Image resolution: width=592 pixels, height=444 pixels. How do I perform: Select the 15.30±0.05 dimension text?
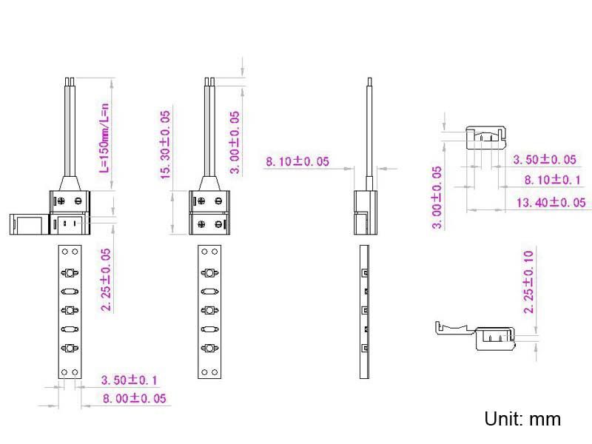165,144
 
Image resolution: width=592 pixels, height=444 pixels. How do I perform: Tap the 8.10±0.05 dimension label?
297,161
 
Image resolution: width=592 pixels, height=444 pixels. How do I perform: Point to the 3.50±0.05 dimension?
544,159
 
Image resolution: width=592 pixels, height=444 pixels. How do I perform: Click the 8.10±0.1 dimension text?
552,180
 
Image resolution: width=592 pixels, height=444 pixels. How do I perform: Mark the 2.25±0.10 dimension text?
528,282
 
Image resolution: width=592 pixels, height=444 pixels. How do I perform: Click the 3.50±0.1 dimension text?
129,380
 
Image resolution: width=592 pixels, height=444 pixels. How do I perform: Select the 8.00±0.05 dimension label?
134,398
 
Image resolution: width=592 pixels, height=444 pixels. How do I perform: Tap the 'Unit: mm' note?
522,419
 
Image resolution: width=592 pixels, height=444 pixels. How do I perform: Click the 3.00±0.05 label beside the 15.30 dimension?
235,142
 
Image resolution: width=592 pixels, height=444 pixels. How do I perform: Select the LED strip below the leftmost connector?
70,311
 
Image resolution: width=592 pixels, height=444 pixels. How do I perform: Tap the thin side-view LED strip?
363,311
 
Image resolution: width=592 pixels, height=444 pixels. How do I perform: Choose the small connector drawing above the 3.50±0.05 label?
484,137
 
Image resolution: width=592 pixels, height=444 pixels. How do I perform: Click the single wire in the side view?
369,133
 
